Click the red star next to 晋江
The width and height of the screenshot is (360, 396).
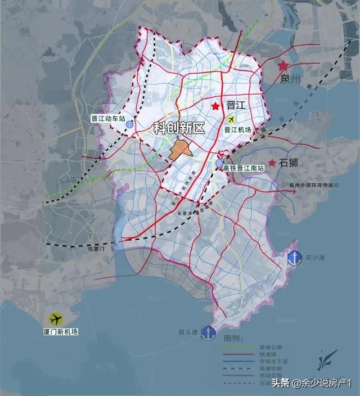[x=215, y=106]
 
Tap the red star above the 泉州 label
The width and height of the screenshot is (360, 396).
[x=282, y=66]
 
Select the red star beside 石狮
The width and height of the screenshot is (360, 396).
[x=272, y=163]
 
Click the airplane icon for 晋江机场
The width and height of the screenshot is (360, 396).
[x=231, y=119]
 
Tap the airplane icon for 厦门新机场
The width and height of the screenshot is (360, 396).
[x=55, y=319]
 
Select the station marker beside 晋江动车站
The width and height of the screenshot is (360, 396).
[x=129, y=125]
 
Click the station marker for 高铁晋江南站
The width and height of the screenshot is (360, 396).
[x=219, y=163]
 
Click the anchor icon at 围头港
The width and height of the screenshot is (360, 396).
[x=209, y=332]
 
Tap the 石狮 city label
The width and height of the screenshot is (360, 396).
[x=289, y=163]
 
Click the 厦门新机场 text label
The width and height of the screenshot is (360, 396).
[x=58, y=332]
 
